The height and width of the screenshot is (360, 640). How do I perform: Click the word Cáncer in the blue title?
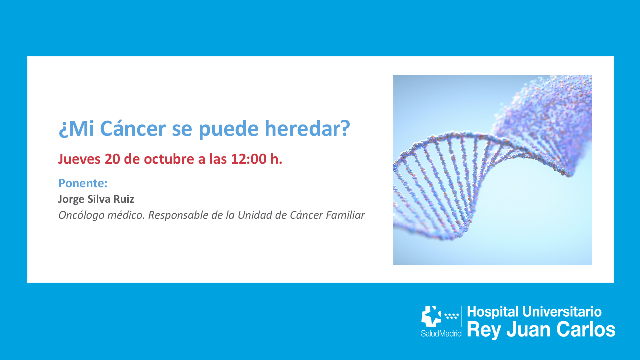[x=133, y=128]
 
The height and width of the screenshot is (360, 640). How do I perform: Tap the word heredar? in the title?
[x=307, y=128]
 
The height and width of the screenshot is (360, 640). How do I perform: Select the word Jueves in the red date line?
[x=79, y=159]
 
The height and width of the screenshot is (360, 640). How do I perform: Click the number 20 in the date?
[x=112, y=159]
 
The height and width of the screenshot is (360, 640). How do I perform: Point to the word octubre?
[x=169, y=159]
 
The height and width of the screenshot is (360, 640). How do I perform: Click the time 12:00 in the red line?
[x=249, y=159]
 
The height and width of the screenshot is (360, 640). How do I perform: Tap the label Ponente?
[x=83, y=183]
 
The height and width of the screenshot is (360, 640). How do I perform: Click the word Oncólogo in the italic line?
[x=81, y=215]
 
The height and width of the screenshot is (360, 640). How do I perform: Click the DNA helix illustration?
[x=493, y=170]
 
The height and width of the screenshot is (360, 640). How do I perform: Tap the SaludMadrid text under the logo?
[x=441, y=333]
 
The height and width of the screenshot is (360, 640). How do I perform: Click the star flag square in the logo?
[x=451, y=316]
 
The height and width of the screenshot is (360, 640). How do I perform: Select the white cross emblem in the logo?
[x=431, y=316]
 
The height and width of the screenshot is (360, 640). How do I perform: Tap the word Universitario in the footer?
[x=562, y=311]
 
